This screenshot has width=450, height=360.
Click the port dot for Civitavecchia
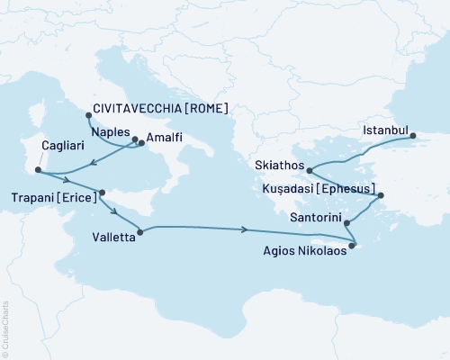(88, 114)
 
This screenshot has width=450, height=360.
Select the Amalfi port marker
(140, 143)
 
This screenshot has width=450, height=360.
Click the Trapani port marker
(102, 192)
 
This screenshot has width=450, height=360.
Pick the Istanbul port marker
(413, 137)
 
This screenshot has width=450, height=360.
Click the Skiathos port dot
(309, 170)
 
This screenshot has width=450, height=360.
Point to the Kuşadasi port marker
(381, 195)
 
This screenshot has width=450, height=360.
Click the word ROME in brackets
(207, 109)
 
